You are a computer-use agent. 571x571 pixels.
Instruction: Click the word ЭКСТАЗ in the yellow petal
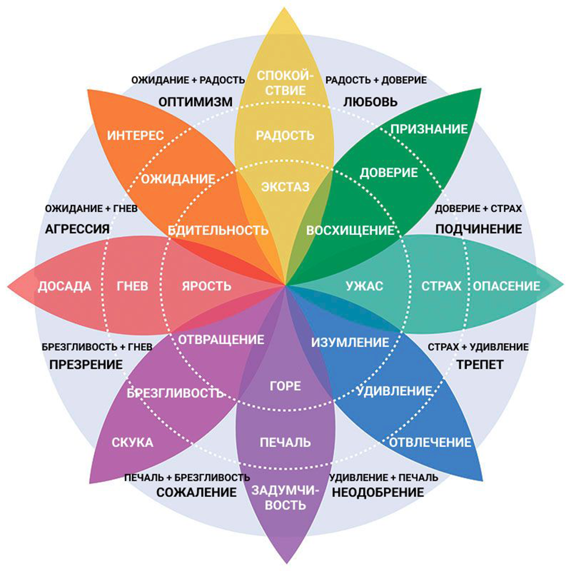point(285,187)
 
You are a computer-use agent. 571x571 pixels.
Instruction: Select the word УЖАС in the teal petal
point(364,287)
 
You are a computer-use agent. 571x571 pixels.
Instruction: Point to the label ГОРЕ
point(285,386)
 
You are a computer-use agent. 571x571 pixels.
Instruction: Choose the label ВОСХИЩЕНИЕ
point(351,230)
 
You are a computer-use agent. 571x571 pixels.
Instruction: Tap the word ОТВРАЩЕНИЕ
point(221,339)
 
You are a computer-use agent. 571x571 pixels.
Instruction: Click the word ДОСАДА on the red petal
point(65,287)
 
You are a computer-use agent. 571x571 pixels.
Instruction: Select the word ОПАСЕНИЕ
point(507,287)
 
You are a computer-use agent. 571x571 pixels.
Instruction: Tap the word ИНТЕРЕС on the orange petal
point(136,136)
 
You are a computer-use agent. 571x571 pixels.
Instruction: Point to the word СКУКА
point(132,443)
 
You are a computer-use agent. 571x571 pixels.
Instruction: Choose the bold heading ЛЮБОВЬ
point(370,102)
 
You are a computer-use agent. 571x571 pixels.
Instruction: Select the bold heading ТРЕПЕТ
point(481,365)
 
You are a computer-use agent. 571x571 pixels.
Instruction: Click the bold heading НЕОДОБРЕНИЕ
point(378,492)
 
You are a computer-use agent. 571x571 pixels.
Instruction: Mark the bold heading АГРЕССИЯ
point(78,229)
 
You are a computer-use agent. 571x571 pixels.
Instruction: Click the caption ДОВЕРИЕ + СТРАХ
point(478,209)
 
